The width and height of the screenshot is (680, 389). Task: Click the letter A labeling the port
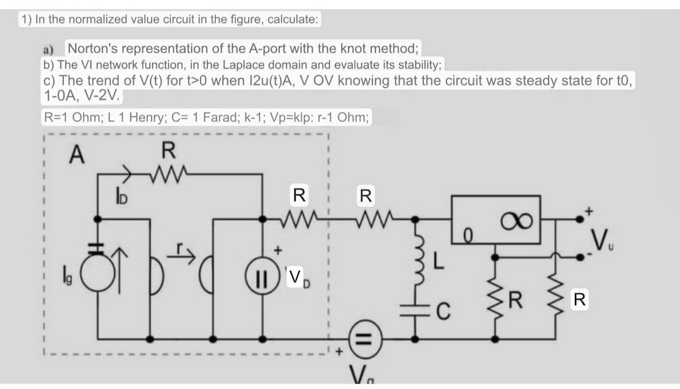[x=77, y=155]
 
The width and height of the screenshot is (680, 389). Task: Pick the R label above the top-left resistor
[x=169, y=151]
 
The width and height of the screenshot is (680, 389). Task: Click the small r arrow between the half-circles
[x=185, y=254]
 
